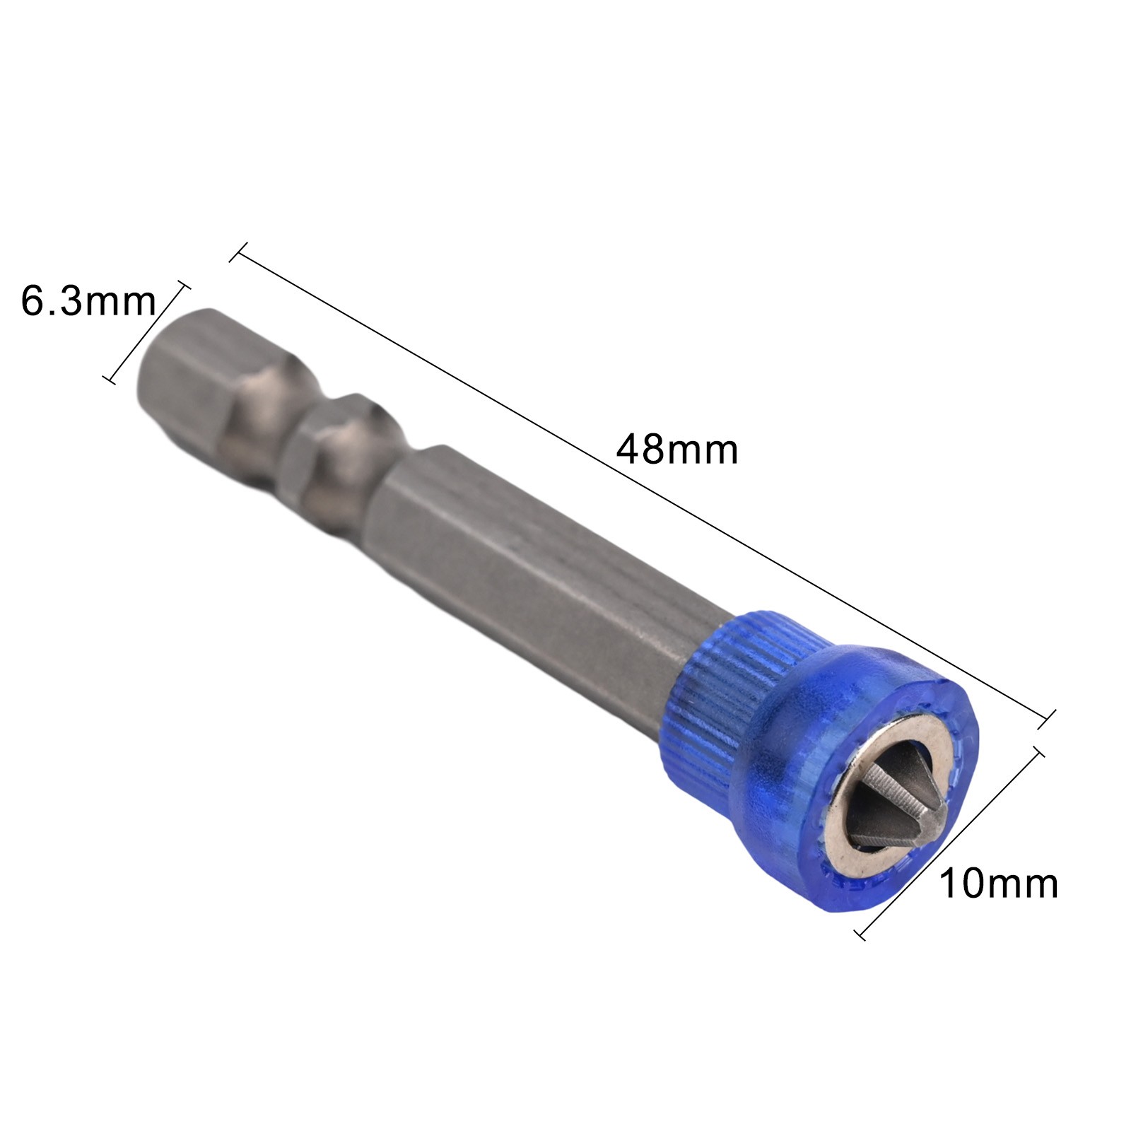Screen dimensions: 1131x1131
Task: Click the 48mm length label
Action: pos(676,449)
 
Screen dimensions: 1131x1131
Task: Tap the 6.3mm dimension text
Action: pos(88,300)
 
